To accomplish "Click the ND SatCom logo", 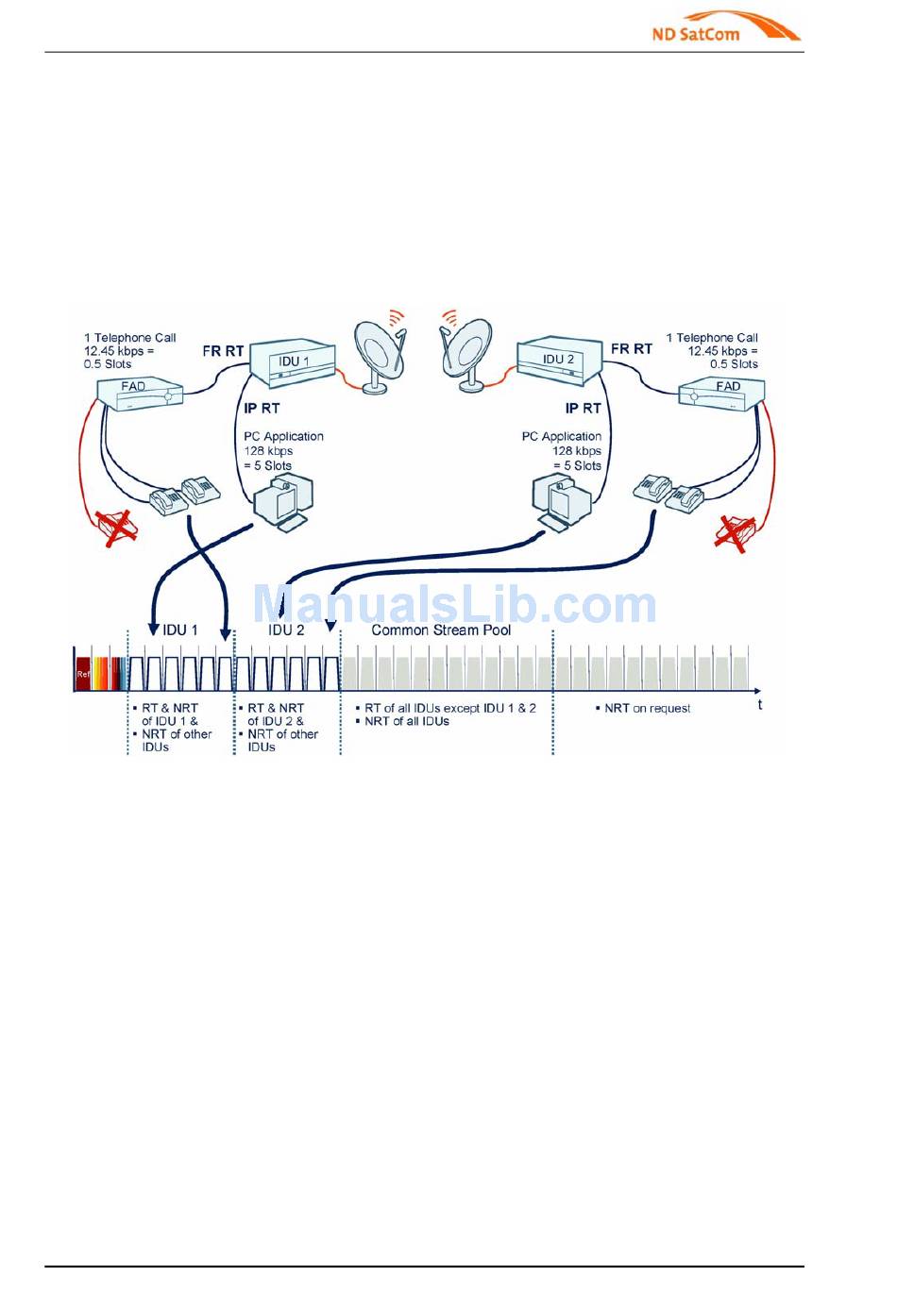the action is [724, 27].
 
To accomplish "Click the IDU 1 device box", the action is [292, 364].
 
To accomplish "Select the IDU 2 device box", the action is [559, 362].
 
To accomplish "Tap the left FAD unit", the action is [140, 392].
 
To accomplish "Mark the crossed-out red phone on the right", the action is [735, 532].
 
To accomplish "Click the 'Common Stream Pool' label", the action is [441, 630].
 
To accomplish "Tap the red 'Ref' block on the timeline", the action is [83, 674].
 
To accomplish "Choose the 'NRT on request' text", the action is [647, 709].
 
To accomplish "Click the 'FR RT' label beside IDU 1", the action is [223, 351].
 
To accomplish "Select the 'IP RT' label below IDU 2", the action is [583, 409].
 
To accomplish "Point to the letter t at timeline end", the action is [760, 705].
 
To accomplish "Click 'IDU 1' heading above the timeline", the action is [180, 630].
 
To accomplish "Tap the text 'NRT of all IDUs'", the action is [407, 722].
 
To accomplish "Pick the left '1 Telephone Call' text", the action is [130, 338].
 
